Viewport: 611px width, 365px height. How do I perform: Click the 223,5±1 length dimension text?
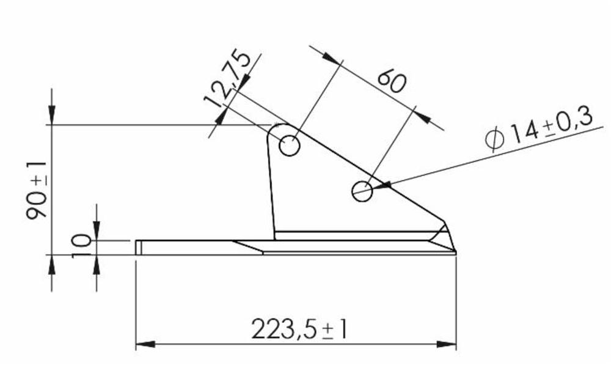[x=299, y=331]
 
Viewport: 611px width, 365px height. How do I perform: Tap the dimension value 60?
[x=392, y=81]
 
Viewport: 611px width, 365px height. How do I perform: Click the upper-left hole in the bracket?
[x=290, y=147]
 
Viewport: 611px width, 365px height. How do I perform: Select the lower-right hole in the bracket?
[x=362, y=191]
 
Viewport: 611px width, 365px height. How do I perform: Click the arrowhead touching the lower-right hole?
[x=380, y=186]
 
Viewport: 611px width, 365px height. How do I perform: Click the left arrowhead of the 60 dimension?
[x=331, y=58]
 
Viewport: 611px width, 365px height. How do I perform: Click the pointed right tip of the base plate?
[x=455, y=253]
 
